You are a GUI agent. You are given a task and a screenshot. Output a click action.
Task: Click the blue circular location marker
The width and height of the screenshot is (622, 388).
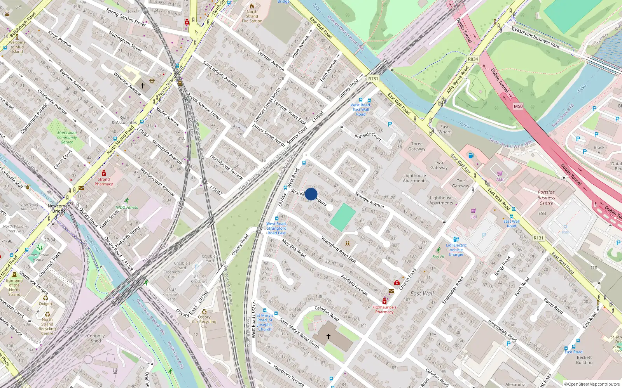[x=311, y=194]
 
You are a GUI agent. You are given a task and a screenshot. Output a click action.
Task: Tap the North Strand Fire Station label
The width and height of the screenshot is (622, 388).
[x=252, y=16]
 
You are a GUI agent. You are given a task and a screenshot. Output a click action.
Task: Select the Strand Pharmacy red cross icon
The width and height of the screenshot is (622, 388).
[x=104, y=173]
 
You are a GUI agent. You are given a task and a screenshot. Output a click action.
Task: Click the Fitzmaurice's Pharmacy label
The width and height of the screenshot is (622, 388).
[x=384, y=309]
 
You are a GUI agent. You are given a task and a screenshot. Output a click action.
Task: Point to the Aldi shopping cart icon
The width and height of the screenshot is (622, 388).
[x=500, y=173]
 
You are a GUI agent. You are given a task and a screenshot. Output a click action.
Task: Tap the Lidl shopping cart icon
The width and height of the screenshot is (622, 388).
[x=473, y=211]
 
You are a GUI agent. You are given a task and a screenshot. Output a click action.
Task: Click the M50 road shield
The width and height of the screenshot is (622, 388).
[x=518, y=106]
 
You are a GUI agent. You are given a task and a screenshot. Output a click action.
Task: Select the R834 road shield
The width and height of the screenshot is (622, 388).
[x=473, y=59]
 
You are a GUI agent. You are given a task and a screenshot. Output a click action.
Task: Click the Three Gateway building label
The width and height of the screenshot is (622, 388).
[x=417, y=146]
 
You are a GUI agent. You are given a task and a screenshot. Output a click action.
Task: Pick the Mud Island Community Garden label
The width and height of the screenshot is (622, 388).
[x=67, y=137]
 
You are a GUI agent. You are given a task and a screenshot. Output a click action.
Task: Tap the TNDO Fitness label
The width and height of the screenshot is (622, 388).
[x=126, y=207]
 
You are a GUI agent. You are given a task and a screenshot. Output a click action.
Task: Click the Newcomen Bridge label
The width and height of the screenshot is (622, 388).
[x=59, y=208]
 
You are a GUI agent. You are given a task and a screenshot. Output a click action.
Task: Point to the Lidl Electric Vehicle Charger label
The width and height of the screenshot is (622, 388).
[x=456, y=249]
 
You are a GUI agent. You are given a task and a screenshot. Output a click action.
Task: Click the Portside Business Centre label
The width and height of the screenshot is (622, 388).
[x=546, y=197]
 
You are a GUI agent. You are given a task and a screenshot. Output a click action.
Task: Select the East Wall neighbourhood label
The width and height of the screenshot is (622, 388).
[x=422, y=294]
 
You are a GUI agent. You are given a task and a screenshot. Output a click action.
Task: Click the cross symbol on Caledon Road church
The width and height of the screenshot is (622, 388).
[x=328, y=336]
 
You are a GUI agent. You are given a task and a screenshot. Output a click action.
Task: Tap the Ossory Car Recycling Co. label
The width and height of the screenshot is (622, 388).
[x=204, y=322]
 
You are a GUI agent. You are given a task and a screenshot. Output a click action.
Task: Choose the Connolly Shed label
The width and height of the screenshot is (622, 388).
[x=96, y=338]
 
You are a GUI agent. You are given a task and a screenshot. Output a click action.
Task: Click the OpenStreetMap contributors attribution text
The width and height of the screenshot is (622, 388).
[x=592, y=384]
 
